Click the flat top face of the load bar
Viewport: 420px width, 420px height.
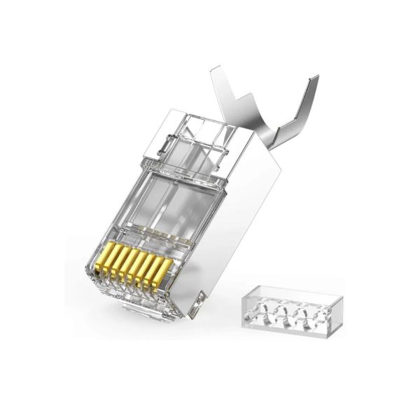click(x=287, y=293)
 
